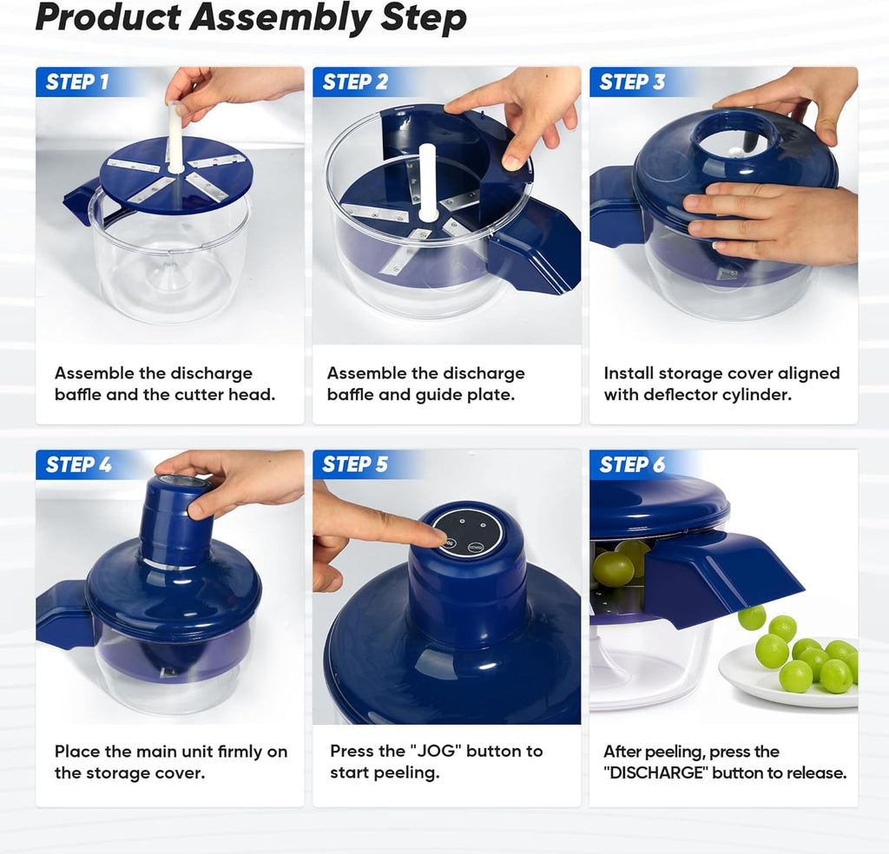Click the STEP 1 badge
[x=77, y=82]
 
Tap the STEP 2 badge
[x=355, y=82]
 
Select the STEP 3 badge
[x=632, y=82]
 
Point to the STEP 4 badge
[x=78, y=464]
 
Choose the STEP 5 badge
[x=355, y=464]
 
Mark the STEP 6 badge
[x=632, y=464]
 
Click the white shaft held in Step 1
[x=175, y=139]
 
